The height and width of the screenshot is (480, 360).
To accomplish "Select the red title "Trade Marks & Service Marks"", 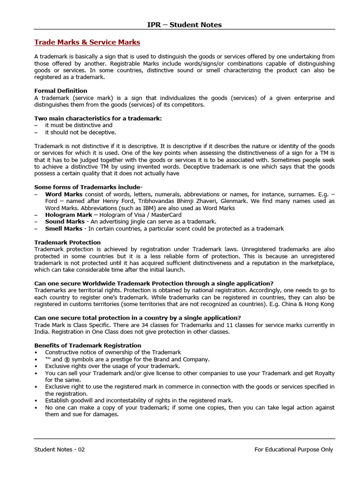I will pos(87,42).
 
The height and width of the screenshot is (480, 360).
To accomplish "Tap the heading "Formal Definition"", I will pos(61,90).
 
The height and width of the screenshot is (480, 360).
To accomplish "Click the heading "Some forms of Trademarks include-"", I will pos(89,187).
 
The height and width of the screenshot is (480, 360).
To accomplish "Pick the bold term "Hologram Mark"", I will pos(68,215).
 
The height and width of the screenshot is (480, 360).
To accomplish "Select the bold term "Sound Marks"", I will pos(65,221).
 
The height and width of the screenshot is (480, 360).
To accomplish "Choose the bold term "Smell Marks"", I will pos(64,228).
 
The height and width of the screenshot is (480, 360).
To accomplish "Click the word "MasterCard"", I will pos(166,215).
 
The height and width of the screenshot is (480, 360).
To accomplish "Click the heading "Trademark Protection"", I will pos(67,242).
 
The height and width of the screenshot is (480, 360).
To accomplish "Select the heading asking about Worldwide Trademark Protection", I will pos(154,283).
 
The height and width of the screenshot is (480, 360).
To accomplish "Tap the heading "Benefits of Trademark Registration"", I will pos(88,345).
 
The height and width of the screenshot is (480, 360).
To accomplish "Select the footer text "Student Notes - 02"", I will pos(60,449).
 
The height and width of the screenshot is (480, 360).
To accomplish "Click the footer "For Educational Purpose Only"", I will pos(293,449).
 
